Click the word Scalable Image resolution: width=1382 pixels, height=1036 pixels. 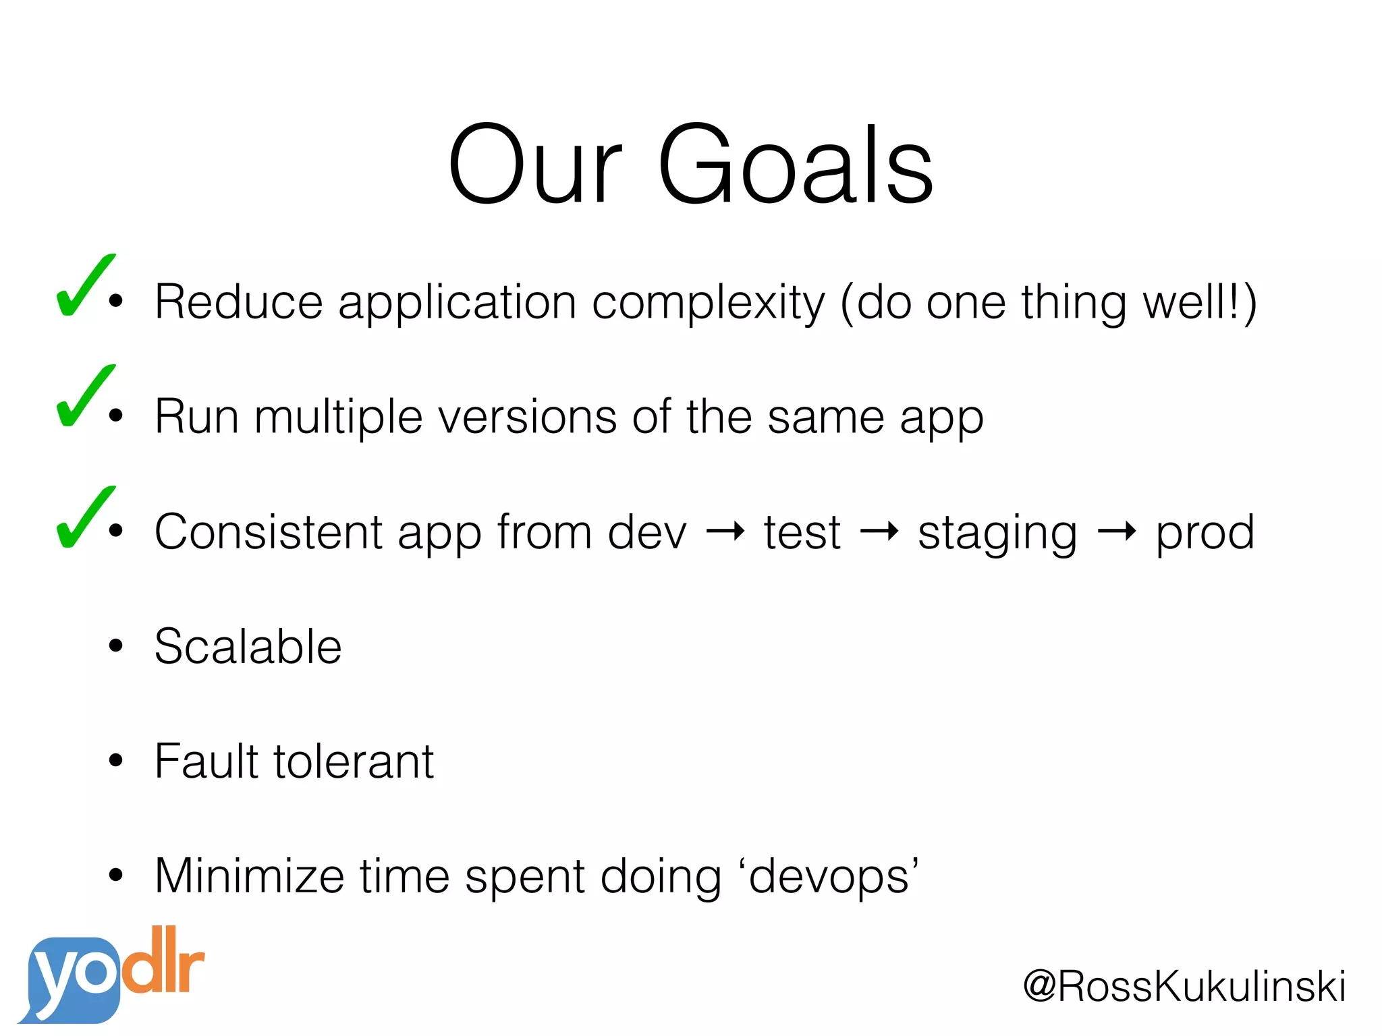pyautogui.click(x=248, y=647)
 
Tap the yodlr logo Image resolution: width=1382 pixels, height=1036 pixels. pyautogui.click(x=111, y=975)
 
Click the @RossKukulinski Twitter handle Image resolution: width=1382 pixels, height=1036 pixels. pyautogui.click(x=1184, y=986)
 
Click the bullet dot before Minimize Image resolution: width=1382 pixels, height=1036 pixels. pyautogui.click(x=116, y=875)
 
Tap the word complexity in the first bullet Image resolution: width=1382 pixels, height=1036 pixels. pyautogui.click(x=709, y=304)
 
